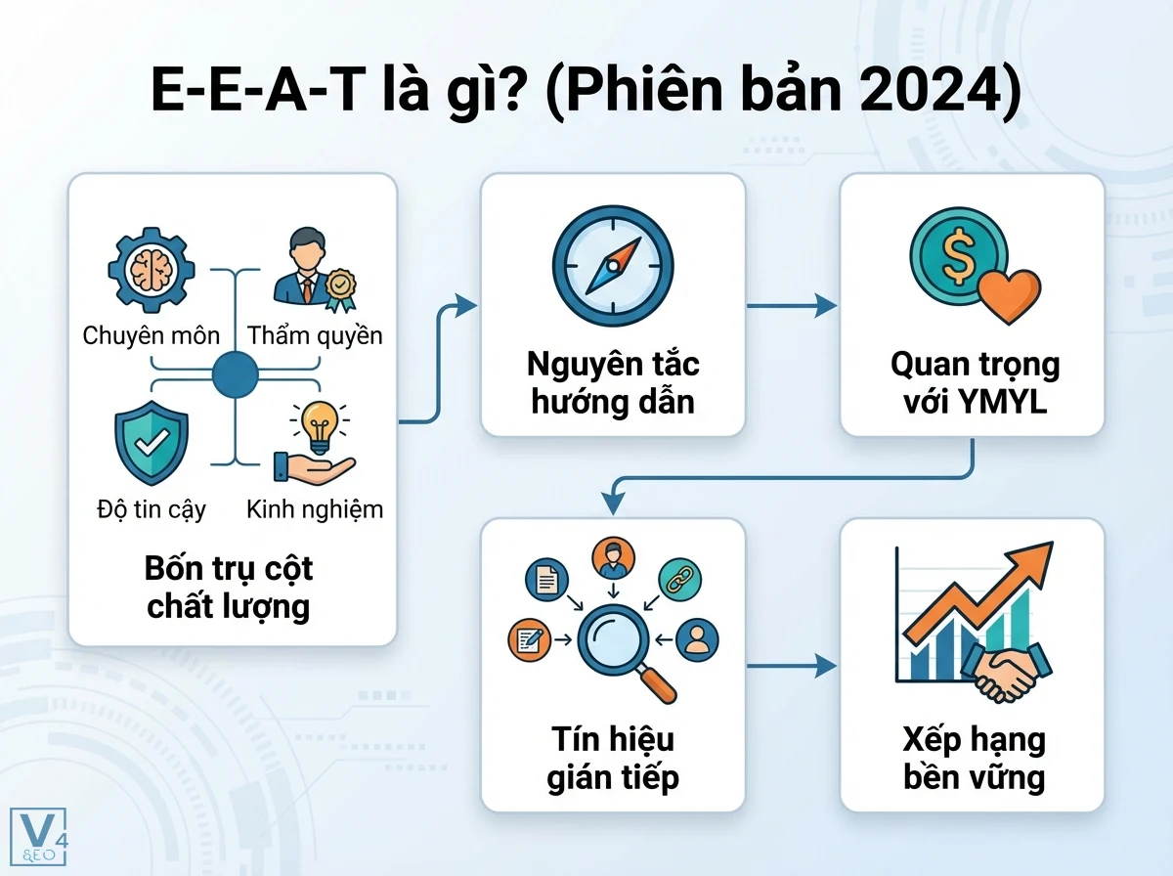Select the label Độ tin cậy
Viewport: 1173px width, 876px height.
152,509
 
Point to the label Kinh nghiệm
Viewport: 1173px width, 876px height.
315,509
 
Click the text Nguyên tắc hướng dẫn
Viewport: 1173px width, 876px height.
613,382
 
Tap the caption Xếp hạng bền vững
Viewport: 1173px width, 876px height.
972,758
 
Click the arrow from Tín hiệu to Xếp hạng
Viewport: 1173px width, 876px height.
792,667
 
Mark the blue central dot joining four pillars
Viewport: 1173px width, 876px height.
235,373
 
